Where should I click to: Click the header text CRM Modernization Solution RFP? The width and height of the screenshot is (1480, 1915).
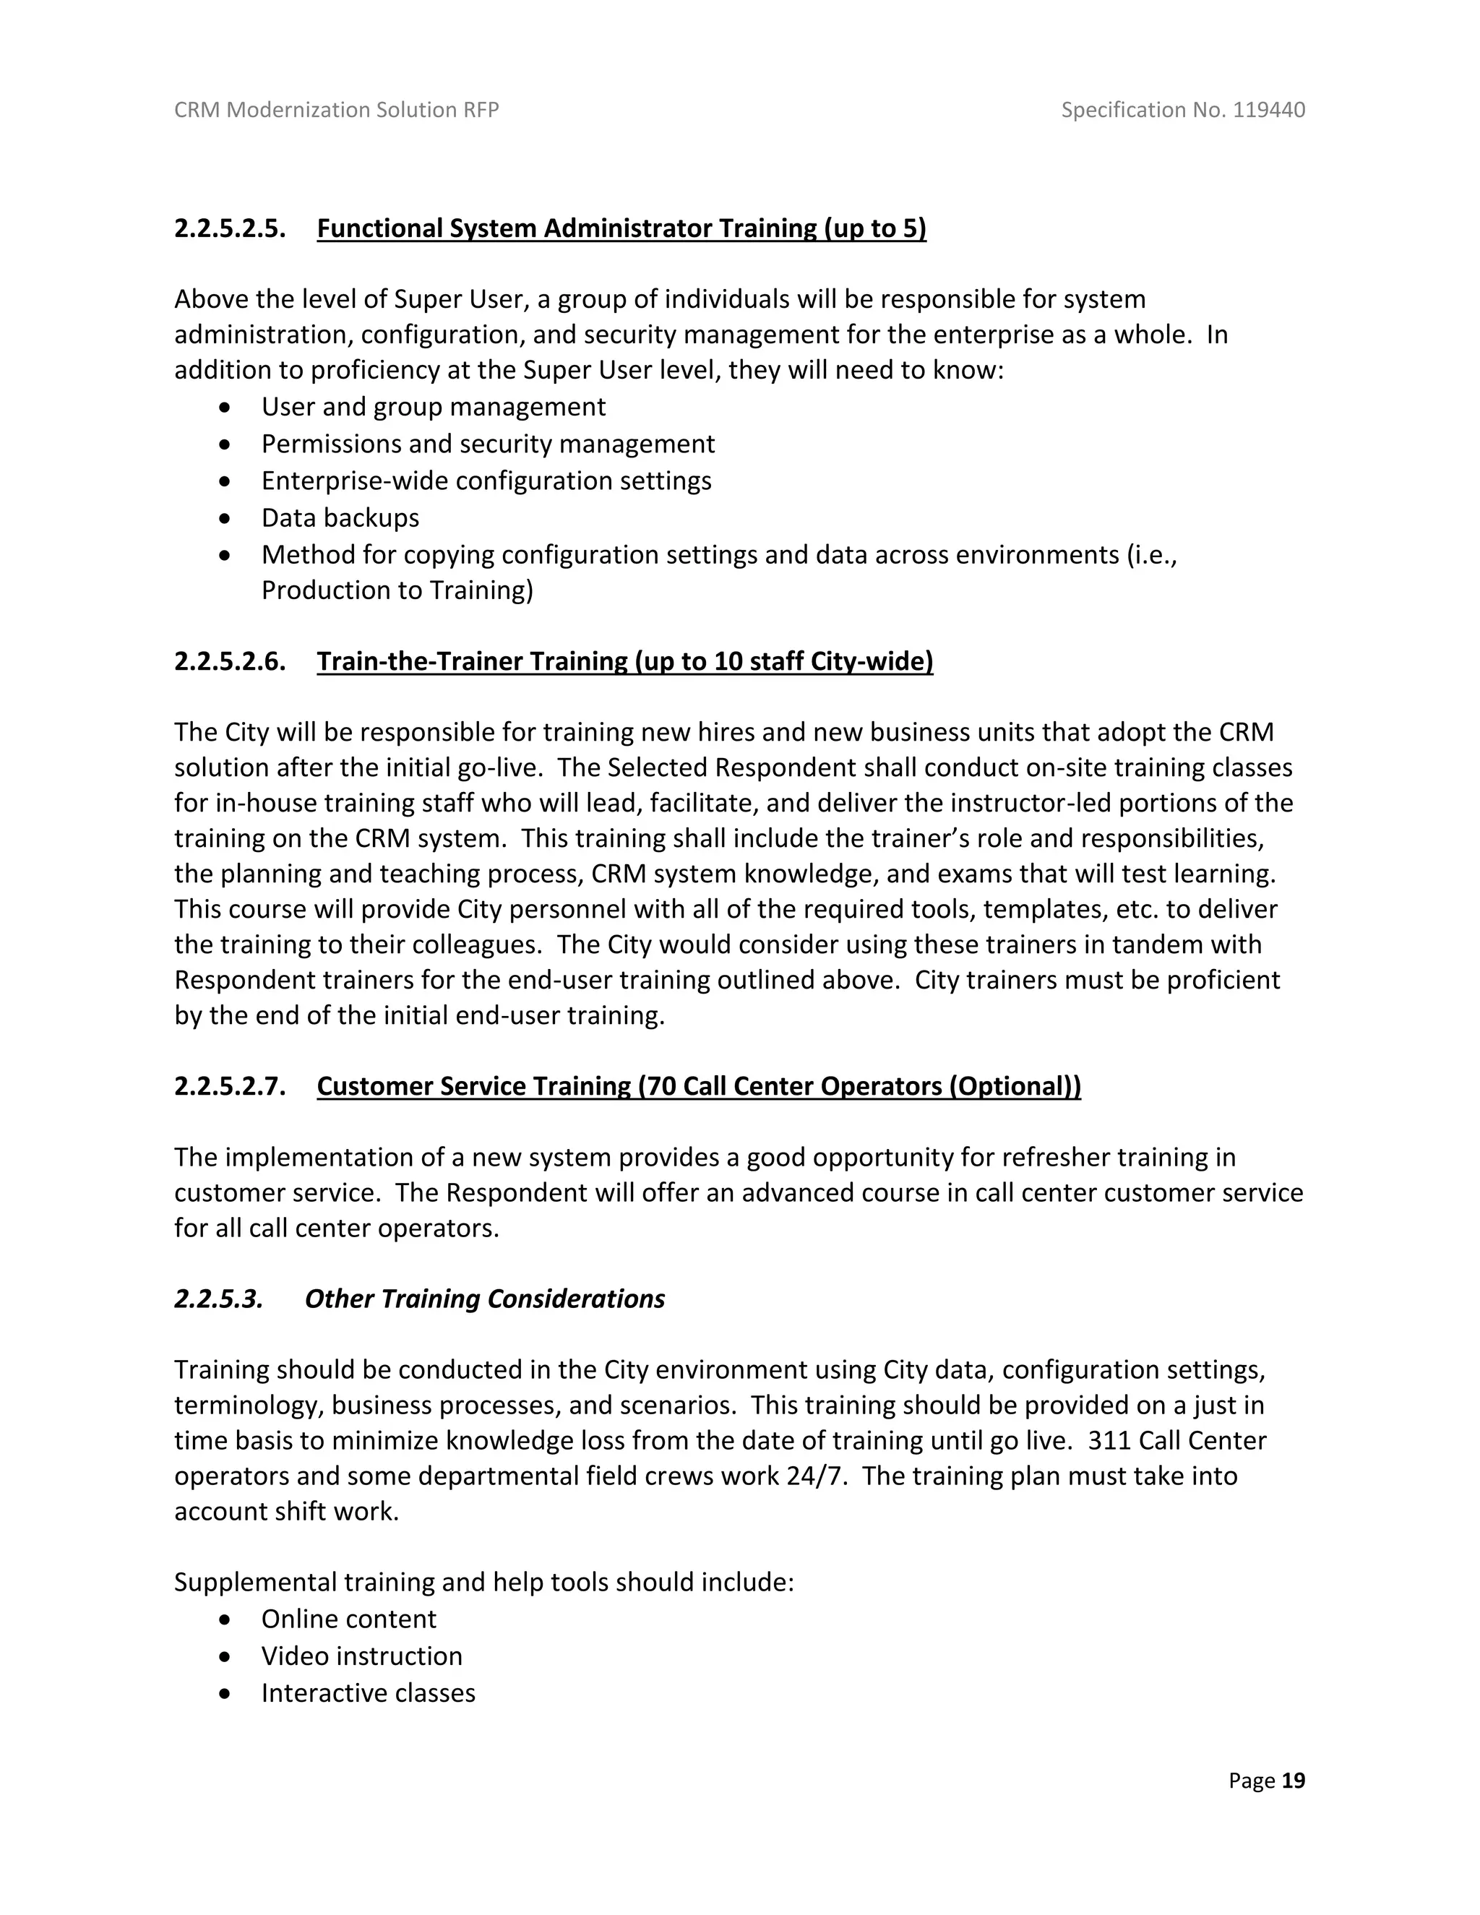click(337, 110)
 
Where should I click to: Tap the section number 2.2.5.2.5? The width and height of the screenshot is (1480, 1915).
click(230, 229)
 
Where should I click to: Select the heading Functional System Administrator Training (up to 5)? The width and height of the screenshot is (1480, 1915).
click(621, 229)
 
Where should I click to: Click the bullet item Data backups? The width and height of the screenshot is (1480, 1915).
click(340, 518)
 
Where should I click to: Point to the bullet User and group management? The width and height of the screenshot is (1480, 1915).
click(433, 407)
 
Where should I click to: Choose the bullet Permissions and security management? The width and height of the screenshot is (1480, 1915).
click(488, 444)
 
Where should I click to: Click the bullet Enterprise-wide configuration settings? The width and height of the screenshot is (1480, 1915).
click(486, 481)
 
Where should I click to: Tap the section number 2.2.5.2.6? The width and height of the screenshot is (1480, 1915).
click(230, 661)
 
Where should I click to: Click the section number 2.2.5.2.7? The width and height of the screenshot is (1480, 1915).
click(230, 1086)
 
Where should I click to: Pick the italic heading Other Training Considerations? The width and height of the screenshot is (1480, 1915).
click(484, 1299)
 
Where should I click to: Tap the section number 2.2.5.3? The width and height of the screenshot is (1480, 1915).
click(218, 1299)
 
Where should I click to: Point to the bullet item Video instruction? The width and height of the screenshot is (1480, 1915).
click(361, 1656)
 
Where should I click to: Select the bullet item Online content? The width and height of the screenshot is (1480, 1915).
click(348, 1619)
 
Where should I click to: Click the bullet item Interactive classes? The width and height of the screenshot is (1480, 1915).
click(369, 1693)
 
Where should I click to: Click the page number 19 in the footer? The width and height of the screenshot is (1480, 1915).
click(1294, 1781)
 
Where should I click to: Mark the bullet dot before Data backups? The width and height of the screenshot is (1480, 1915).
click(226, 519)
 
